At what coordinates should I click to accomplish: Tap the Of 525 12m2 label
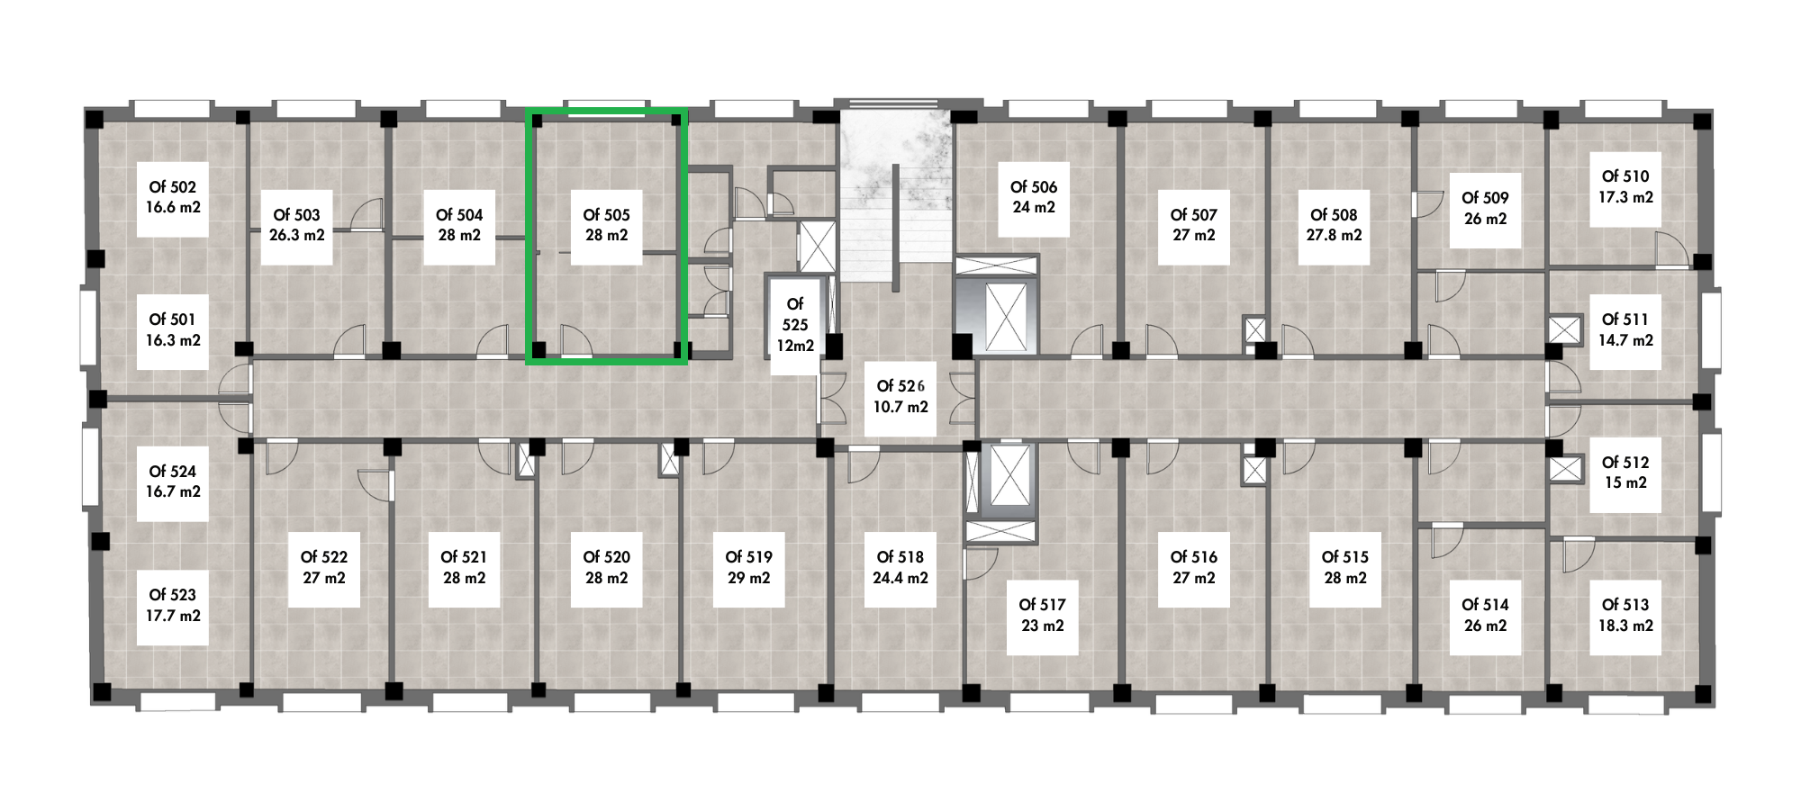tap(795, 325)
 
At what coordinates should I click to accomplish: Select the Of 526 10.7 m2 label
tap(900, 396)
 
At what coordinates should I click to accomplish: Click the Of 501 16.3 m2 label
tap(173, 330)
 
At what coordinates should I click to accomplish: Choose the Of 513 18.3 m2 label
tap(1625, 615)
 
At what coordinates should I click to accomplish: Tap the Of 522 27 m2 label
tap(323, 568)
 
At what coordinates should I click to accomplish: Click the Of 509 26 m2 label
tap(1485, 208)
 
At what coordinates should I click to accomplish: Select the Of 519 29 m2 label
tap(748, 568)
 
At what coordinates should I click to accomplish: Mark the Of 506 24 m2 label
tap(1034, 197)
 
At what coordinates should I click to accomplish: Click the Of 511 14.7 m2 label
tap(1625, 330)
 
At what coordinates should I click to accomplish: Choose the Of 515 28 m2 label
tap(1345, 568)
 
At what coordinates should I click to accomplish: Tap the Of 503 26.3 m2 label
tap(296, 225)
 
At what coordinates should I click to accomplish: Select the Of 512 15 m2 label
tap(1625, 473)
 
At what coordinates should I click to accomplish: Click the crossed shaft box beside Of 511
tap(1565, 329)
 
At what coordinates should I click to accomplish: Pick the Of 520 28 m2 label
tap(606, 568)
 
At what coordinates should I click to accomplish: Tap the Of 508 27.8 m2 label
tap(1334, 225)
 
